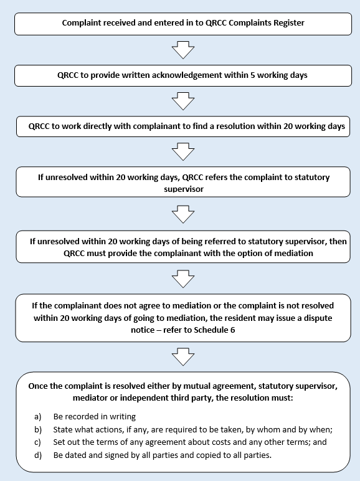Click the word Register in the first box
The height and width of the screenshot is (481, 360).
point(289,23)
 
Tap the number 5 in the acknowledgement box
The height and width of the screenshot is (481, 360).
point(253,75)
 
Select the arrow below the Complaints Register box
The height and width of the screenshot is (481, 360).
point(183,50)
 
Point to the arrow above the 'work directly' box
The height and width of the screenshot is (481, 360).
point(183,101)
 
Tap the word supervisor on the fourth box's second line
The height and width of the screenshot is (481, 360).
point(184,189)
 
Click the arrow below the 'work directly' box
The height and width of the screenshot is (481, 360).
point(183,152)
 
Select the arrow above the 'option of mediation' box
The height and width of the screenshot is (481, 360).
point(183,214)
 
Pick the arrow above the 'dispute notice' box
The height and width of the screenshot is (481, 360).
point(183,279)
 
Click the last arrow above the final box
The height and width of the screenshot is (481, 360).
point(183,357)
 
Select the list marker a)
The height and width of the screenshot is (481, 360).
point(38,417)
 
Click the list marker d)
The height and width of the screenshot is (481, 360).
point(38,455)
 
